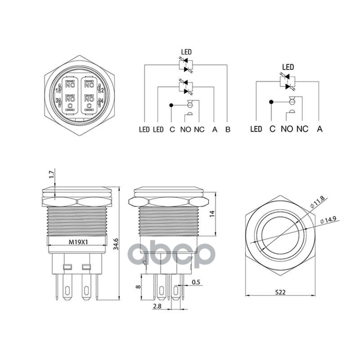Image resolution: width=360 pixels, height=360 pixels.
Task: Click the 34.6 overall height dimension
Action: pyautogui.click(x=117, y=244)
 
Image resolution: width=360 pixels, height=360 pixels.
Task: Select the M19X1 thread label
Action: pyautogui.click(x=78, y=242)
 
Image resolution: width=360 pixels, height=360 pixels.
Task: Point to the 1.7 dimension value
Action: pyautogui.click(x=51, y=173)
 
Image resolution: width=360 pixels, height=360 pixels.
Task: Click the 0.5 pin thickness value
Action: pyautogui.click(x=196, y=282)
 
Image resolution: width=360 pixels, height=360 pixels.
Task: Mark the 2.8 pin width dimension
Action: pyautogui.click(x=157, y=306)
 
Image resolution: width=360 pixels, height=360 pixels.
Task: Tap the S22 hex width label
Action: pyautogui.click(x=280, y=292)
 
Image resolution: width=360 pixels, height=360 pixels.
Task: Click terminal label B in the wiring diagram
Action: pyautogui.click(x=228, y=130)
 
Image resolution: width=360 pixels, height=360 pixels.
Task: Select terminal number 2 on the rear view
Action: pyautogui.click(x=102, y=90)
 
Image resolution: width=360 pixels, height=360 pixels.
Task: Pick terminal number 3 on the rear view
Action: pyautogui.click(x=56, y=101)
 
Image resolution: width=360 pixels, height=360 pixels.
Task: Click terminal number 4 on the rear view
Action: pyautogui.click(x=102, y=101)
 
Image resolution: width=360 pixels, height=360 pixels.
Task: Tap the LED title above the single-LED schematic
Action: pyautogui.click(x=288, y=67)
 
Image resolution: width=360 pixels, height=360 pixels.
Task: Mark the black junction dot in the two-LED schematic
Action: pyautogui.click(x=171, y=106)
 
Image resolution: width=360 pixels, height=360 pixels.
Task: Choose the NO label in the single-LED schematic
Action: pyautogui.click(x=287, y=129)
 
